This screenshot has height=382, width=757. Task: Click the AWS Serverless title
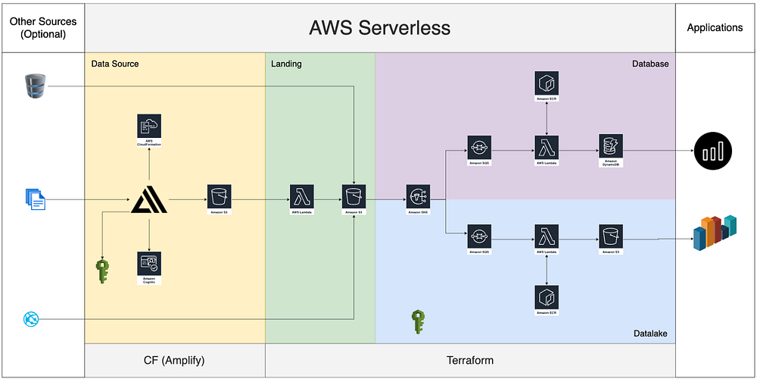379,28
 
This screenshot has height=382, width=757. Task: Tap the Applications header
715,28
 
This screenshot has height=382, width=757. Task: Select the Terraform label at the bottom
470,359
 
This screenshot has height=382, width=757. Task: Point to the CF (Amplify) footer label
174,359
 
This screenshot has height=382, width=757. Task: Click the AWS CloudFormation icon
149,127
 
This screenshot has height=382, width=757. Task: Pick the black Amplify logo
149,200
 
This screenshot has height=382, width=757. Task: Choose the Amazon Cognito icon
149,263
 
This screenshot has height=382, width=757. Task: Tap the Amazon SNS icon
419,196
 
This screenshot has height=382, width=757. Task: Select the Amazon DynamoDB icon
609,146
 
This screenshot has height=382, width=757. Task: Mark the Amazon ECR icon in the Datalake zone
546,296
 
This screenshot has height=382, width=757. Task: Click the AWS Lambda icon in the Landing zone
301,196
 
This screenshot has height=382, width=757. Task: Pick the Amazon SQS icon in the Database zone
481,146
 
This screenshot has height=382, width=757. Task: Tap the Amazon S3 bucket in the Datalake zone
609,235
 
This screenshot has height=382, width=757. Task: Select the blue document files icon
34,199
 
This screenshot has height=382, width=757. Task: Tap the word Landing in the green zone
286,64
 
